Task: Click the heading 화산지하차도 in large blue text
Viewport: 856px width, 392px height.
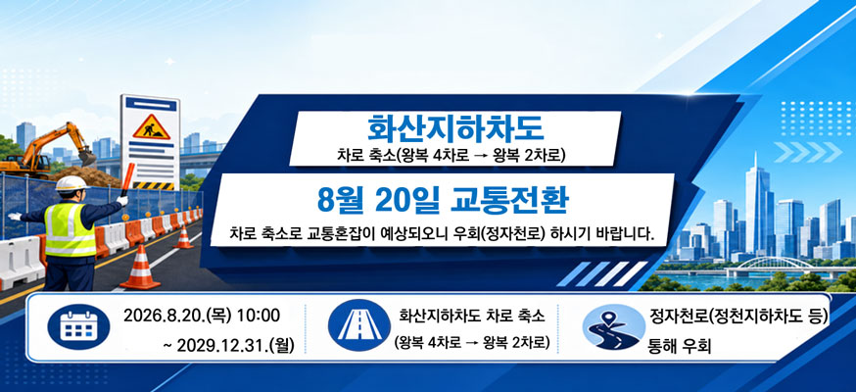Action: [x=454, y=127]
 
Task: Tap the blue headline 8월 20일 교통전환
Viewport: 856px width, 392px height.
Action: [x=443, y=202]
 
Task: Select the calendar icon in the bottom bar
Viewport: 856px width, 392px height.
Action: [x=78, y=326]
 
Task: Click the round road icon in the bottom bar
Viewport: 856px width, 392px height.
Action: [x=359, y=326]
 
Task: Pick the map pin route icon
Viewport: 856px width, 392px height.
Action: [x=614, y=326]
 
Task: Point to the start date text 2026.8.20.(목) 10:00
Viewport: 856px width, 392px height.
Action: [x=202, y=316]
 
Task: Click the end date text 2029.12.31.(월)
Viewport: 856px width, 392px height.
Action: [x=229, y=346]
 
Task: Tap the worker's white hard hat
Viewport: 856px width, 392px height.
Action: [x=71, y=184]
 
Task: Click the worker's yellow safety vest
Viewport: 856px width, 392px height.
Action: [x=69, y=229]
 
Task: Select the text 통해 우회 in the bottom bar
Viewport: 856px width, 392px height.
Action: [x=679, y=347]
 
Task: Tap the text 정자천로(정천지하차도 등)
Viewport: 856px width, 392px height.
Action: [x=739, y=316]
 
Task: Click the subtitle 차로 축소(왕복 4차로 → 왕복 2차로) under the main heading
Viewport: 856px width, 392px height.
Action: [x=452, y=156]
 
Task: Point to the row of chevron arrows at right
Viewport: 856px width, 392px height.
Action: [x=809, y=152]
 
